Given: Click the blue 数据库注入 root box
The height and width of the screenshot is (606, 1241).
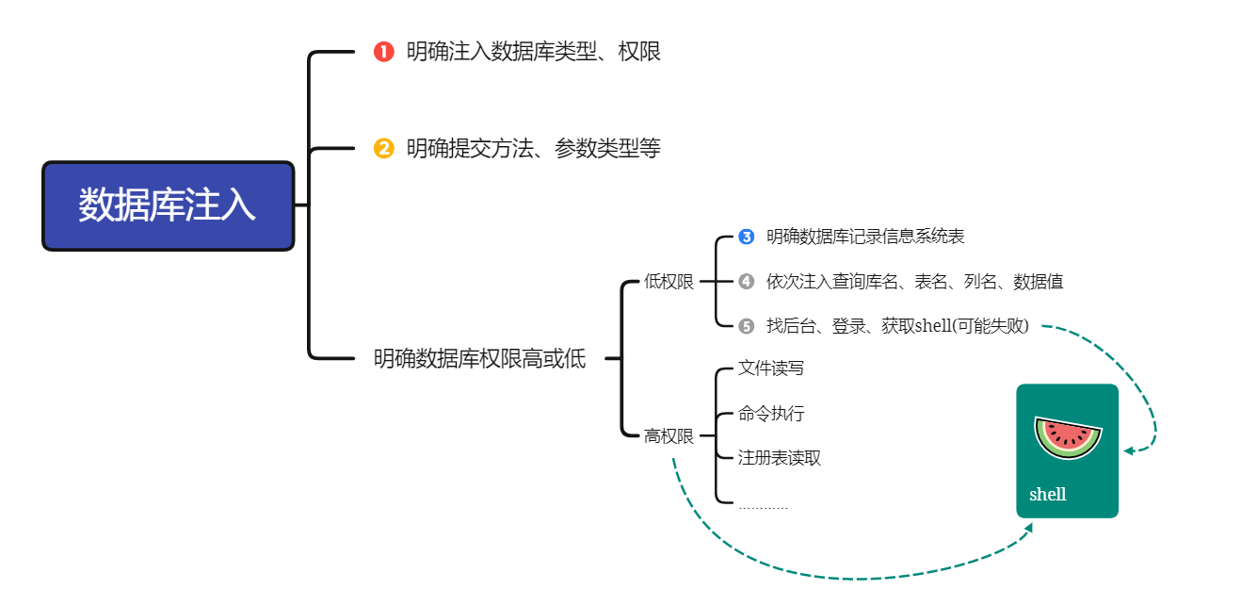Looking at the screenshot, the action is pos(168,205).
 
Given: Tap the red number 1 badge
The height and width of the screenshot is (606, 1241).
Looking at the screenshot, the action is pos(383,52).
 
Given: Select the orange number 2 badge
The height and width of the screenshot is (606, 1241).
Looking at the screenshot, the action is pos(383,149).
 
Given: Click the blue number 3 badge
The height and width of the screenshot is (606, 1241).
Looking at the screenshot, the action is pos(747,237).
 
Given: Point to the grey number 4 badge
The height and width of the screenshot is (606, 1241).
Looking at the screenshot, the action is pos(747,282).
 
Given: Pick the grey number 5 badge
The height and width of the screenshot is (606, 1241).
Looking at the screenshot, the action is pos(747,326).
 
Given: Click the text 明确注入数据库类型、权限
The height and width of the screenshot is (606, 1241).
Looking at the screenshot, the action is pos(534,52).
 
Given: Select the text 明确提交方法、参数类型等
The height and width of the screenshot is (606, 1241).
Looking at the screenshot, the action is pos(534,149).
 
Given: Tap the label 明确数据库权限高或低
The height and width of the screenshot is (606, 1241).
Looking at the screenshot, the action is pos(480,359).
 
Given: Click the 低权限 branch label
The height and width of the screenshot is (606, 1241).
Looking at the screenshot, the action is pos(669,282).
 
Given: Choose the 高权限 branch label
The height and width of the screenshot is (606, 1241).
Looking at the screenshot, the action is pos(669,436).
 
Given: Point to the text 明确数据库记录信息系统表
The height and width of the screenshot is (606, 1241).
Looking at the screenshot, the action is pos(865,237).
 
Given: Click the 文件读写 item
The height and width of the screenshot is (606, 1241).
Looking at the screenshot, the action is pos(771,369).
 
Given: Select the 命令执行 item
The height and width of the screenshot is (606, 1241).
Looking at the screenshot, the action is pos(771,414).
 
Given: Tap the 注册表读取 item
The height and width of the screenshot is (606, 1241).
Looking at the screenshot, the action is pos(780,458).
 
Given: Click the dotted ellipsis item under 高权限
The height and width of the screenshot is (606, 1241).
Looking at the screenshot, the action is pos(763,507).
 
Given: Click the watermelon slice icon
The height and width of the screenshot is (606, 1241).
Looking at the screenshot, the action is pos(1068,437).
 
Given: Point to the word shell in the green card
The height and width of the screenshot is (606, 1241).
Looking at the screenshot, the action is pos(1048,494).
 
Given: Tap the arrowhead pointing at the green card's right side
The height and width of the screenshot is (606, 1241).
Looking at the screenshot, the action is pos(1129,450).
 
